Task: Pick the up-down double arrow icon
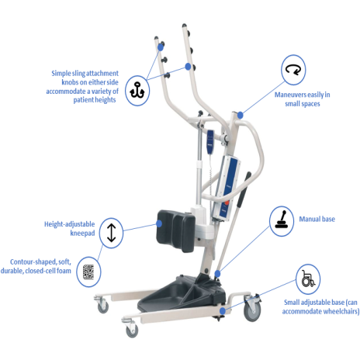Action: pyautogui.click(x=112, y=233)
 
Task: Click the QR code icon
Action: pyautogui.click(x=88, y=272)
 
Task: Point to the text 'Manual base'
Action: pyautogui.click(x=317, y=220)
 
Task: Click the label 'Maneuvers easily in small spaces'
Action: pyautogui.click(x=303, y=99)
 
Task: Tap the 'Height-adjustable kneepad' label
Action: pyautogui.click(x=70, y=228)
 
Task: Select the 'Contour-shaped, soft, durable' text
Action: pyautogui.click(x=36, y=266)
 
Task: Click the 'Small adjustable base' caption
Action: pyautogui.click(x=320, y=306)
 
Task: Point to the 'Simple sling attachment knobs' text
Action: pyautogui.click(x=82, y=86)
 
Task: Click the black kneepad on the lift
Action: pyautogui.click(x=176, y=230)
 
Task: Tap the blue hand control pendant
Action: pyautogui.click(x=210, y=142)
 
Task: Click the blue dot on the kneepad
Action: pyautogui.click(x=159, y=223)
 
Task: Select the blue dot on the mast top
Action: pyautogui.click(x=241, y=115)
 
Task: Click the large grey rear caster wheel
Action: pyautogui.click(x=252, y=308)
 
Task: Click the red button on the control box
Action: pyautogui.click(x=227, y=202)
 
